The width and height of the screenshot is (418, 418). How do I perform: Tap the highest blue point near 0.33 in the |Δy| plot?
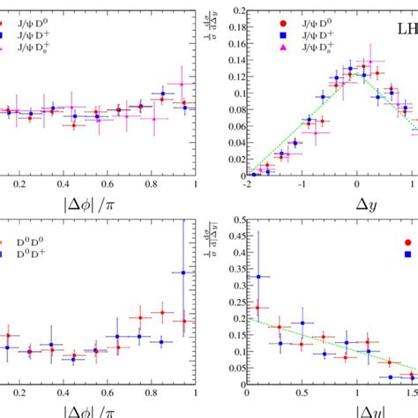(258, 277)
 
